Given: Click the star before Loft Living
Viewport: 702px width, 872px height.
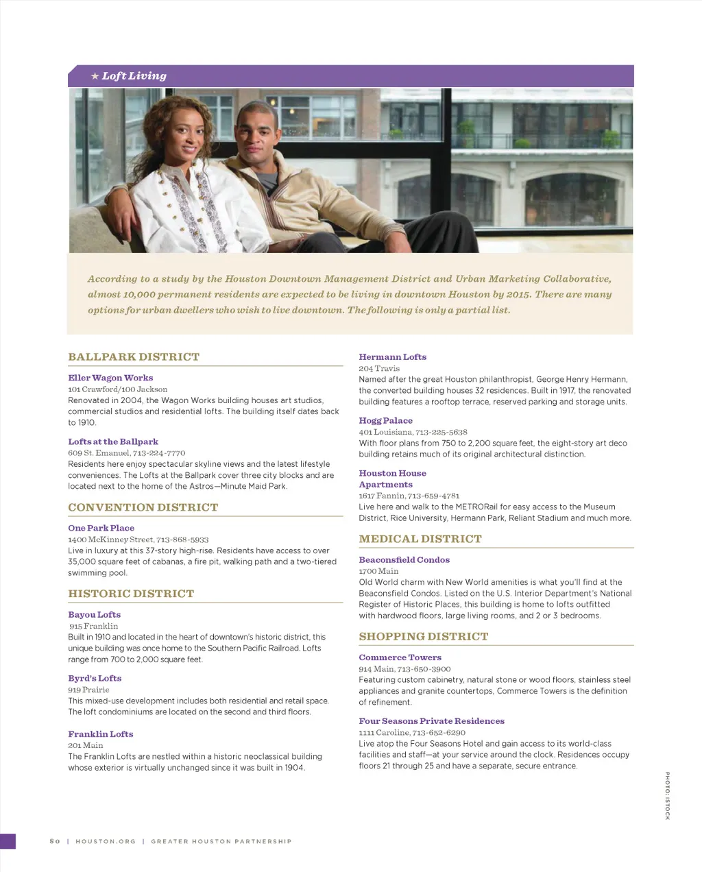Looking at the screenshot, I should [95, 76].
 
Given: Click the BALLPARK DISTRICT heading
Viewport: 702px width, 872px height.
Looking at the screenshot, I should [134, 357].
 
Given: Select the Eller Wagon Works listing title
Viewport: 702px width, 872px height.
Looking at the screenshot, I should [110, 378].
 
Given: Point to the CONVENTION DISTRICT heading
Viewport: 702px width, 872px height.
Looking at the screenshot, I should [143, 507].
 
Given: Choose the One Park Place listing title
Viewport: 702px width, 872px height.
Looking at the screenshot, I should [101, 528].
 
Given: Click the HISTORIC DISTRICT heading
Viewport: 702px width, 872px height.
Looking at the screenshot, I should [131, 594].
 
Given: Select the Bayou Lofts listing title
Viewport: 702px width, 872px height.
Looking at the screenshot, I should [94, 615].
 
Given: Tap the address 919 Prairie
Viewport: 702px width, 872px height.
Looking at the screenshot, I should [88, 690].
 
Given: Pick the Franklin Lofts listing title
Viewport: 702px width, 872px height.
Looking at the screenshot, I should [100, 734].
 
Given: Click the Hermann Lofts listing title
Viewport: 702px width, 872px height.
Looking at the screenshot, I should [392, 357].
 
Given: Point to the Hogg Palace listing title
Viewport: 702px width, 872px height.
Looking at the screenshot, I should [385, 421].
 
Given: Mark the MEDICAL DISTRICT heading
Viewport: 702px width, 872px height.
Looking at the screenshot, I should [420, 539].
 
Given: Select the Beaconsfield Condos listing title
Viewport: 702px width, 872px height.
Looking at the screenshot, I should [404, 560].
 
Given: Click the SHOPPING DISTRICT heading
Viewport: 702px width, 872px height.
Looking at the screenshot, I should [424, 636].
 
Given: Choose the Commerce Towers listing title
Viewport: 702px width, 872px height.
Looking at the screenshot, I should [400, 657].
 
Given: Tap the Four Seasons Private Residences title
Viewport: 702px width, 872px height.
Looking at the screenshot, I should [431, 721].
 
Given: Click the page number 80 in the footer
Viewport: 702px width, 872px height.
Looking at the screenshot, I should [55, 841].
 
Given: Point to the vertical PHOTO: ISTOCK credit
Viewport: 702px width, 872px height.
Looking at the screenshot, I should [667, 795].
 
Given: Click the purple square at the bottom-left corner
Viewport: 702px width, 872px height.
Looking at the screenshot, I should [8, 841].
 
